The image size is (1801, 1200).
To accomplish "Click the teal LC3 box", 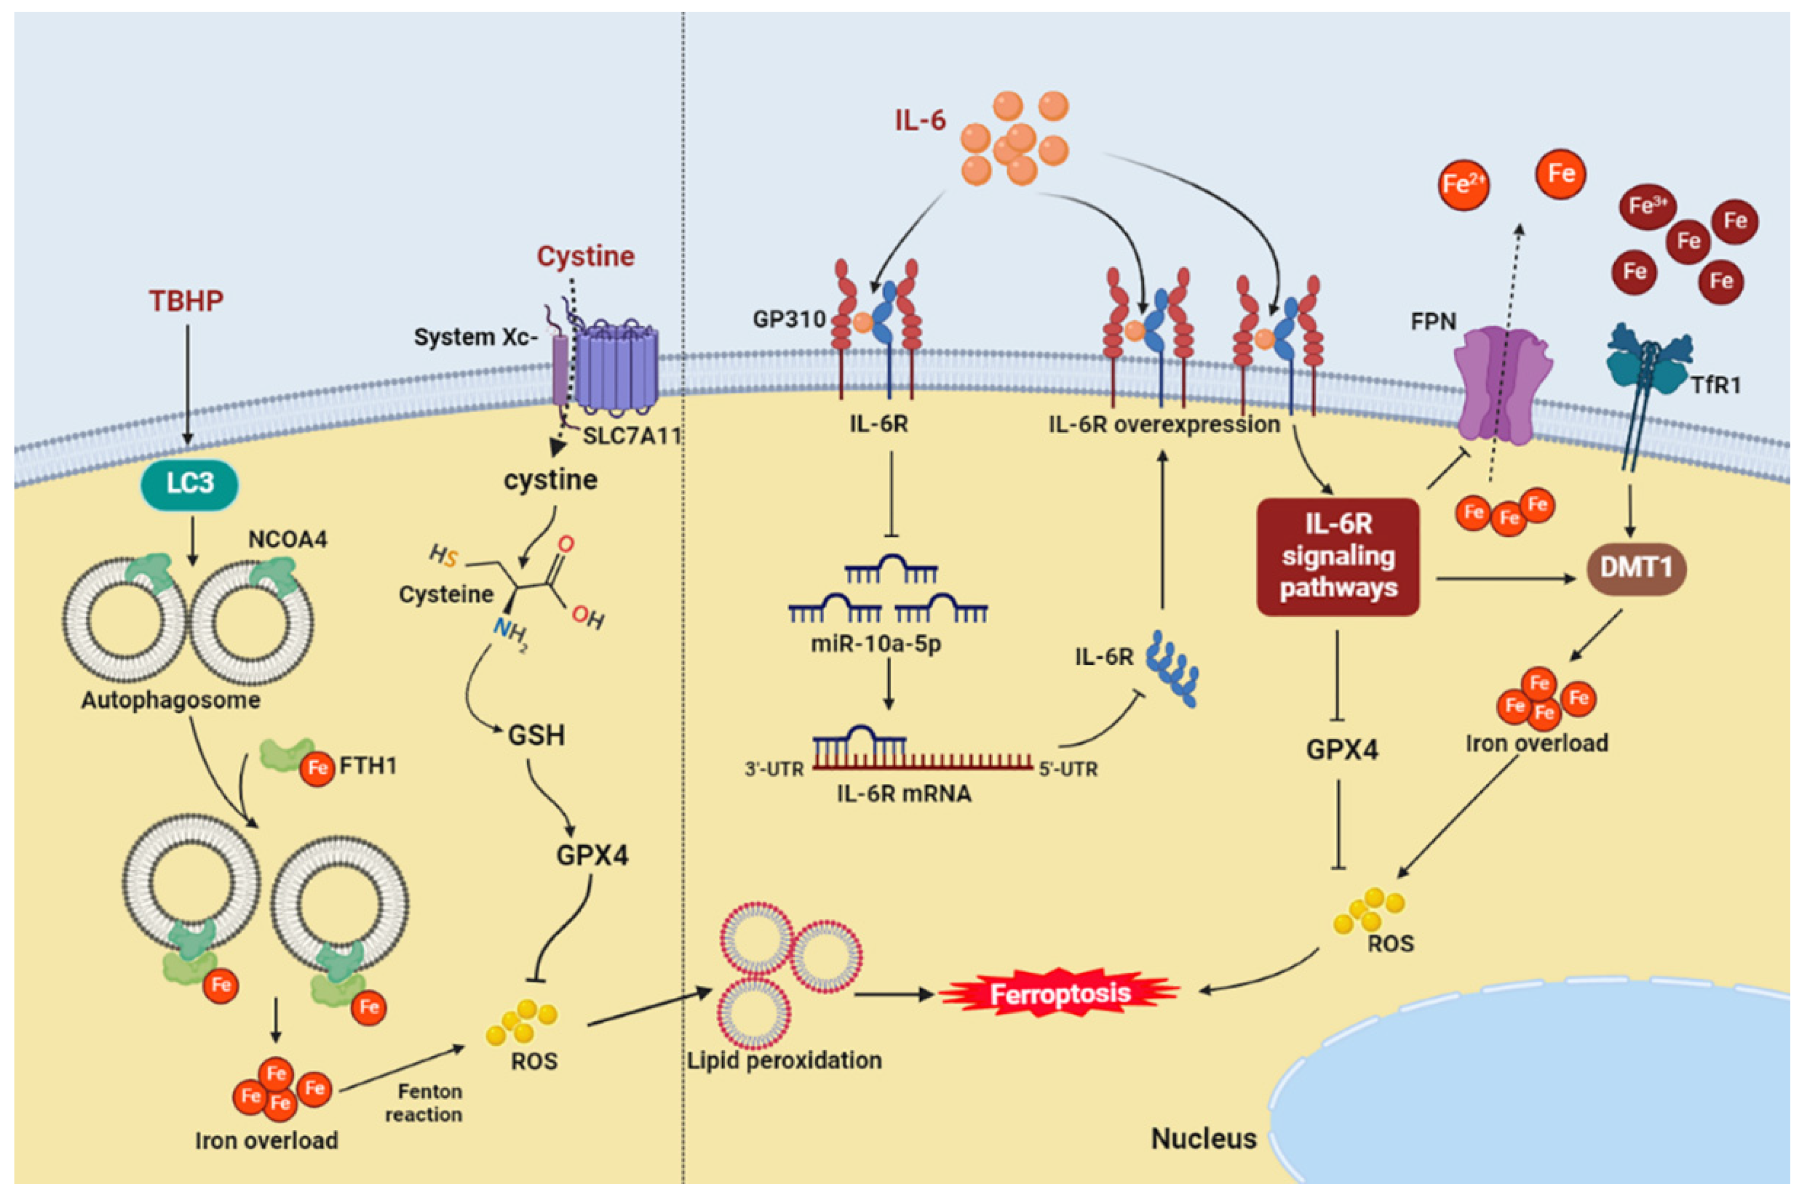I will pos(189,483).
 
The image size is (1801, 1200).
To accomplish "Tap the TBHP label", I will pos(186,301).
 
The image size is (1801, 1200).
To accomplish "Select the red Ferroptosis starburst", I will pos(1060,994).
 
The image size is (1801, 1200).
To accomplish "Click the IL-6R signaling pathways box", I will pos(1337,557).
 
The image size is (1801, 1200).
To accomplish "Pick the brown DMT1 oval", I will pos(1636,568).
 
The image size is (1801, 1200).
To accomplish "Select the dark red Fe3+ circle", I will pos(1647,206).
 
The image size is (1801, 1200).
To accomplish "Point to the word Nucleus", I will pos(1203,1139).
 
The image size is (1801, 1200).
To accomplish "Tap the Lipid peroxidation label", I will pos(784,1060).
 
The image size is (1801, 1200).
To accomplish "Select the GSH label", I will pos(536,735).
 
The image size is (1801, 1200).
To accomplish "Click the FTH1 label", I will pos(368,765).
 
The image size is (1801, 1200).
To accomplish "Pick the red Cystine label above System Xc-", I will pos(585,256).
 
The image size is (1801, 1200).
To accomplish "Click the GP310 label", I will pos(788,319).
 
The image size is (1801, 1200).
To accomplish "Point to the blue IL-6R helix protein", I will pos(1171,668).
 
